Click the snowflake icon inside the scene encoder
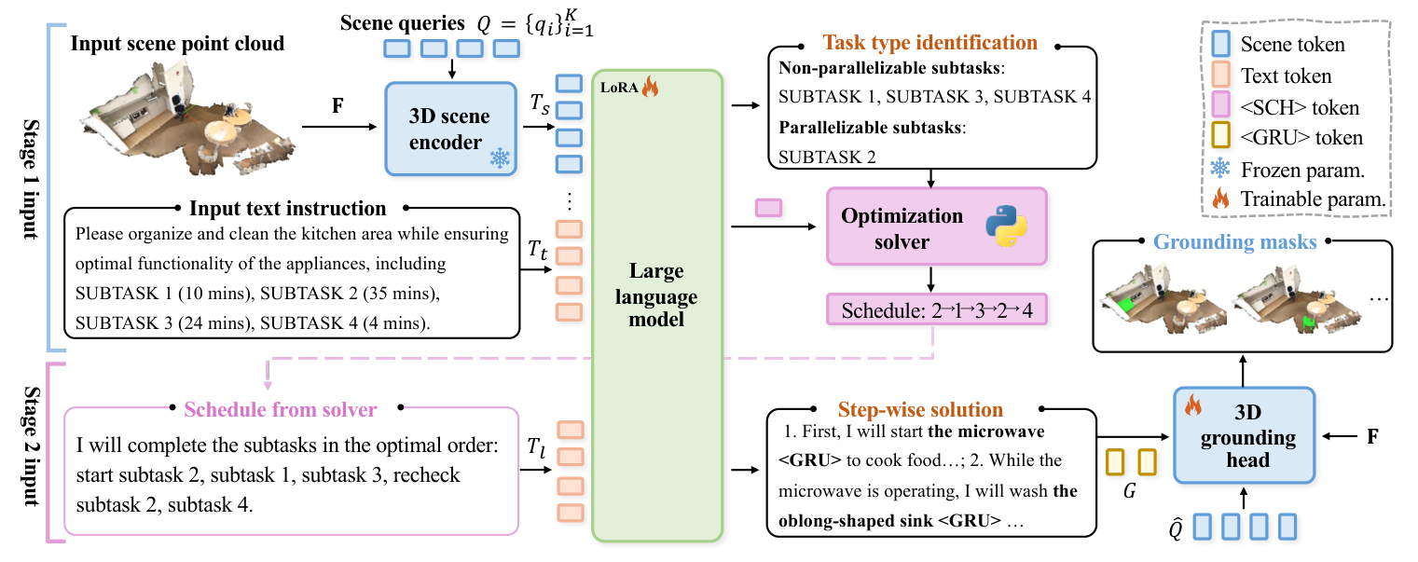[500, 158]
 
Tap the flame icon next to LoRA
[649, 88]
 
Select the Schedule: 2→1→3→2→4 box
[936, 309]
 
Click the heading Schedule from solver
[281, 409]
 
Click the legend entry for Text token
[1286, 75]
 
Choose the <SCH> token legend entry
[1300, 107]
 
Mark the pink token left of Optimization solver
[768, 208]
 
